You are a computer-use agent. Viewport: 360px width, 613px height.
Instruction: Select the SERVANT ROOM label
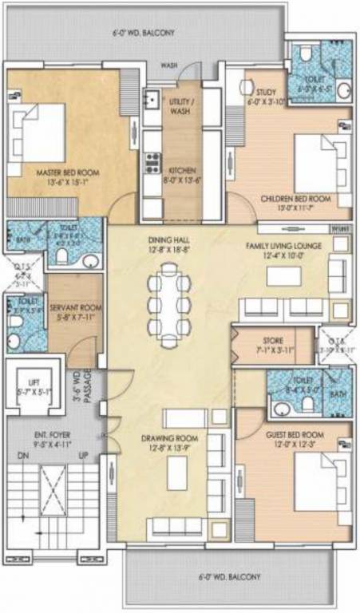74,306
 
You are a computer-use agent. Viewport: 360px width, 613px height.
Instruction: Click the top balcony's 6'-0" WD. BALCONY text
143,33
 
